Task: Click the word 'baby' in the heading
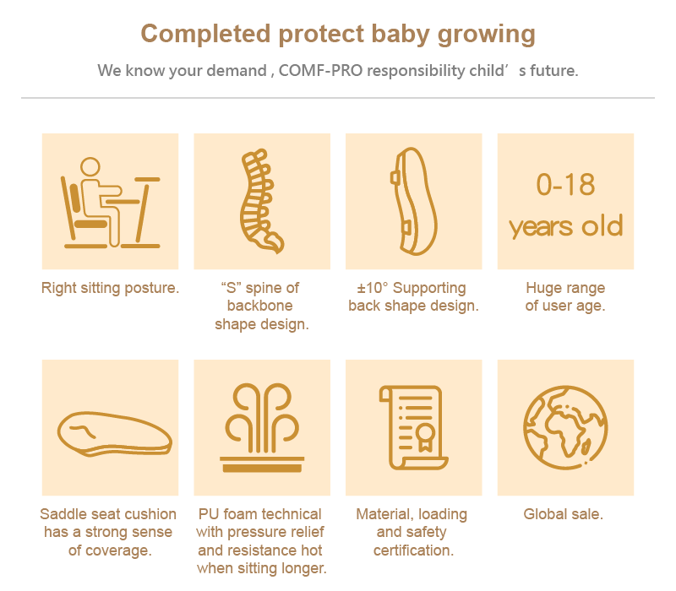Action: (x=400, y=35)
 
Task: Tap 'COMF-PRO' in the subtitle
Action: (x=320, y=70)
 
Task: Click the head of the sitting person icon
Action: (x=90, y=166)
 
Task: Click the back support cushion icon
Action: (x=413, y=201)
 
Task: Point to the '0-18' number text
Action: (x=565, y=184)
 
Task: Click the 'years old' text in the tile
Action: (x=565, y=226)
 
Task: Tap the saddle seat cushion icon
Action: (x=115, y=434)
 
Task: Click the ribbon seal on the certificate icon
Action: (x=425, y=437)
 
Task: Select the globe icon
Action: (x=565, y=428)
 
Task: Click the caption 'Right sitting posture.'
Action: (x=110, y=288)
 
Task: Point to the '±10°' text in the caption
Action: (x=373, y=288)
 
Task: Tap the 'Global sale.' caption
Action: (x=563, y=514)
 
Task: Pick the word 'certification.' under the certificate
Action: (x=413, y=550)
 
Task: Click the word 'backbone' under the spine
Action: (x=260, y=306)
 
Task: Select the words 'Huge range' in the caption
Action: (x=565, y=288)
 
